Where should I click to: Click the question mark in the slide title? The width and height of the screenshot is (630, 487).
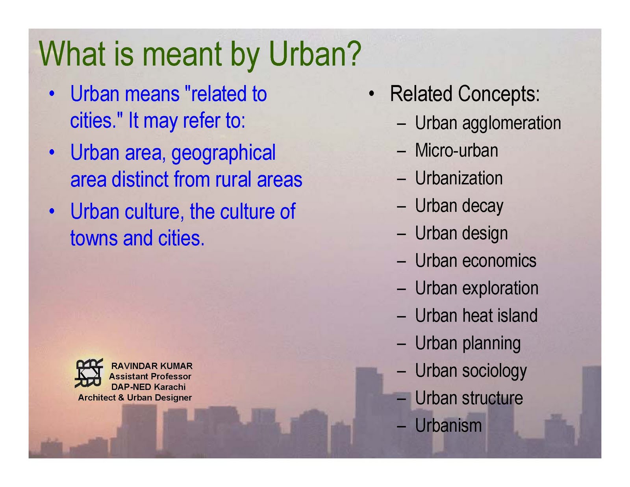click(351, 53)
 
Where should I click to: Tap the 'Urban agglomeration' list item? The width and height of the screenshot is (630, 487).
click(488, 124)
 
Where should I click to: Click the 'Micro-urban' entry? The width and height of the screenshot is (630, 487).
click(456, 150)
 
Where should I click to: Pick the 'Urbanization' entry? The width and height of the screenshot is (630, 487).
click(459, 178)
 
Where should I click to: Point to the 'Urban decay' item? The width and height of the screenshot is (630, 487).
click(459, 206)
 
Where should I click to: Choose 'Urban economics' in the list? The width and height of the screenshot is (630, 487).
click(476, 261)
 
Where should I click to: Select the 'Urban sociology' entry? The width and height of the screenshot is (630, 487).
click(471, 371)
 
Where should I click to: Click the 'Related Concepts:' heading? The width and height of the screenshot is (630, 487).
click(465, 94)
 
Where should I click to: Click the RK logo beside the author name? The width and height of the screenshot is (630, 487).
click(89, 373)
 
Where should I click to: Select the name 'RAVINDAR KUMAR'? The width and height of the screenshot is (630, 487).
click(152, 366)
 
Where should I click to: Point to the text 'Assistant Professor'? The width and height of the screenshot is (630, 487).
click(150, 376)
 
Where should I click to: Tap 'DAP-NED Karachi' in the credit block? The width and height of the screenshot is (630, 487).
click(148, 387)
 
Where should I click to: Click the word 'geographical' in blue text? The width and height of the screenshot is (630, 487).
click(223, 153)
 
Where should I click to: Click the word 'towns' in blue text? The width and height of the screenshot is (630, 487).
click(94, 239)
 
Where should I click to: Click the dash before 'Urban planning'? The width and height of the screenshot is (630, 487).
click(401, 344)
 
